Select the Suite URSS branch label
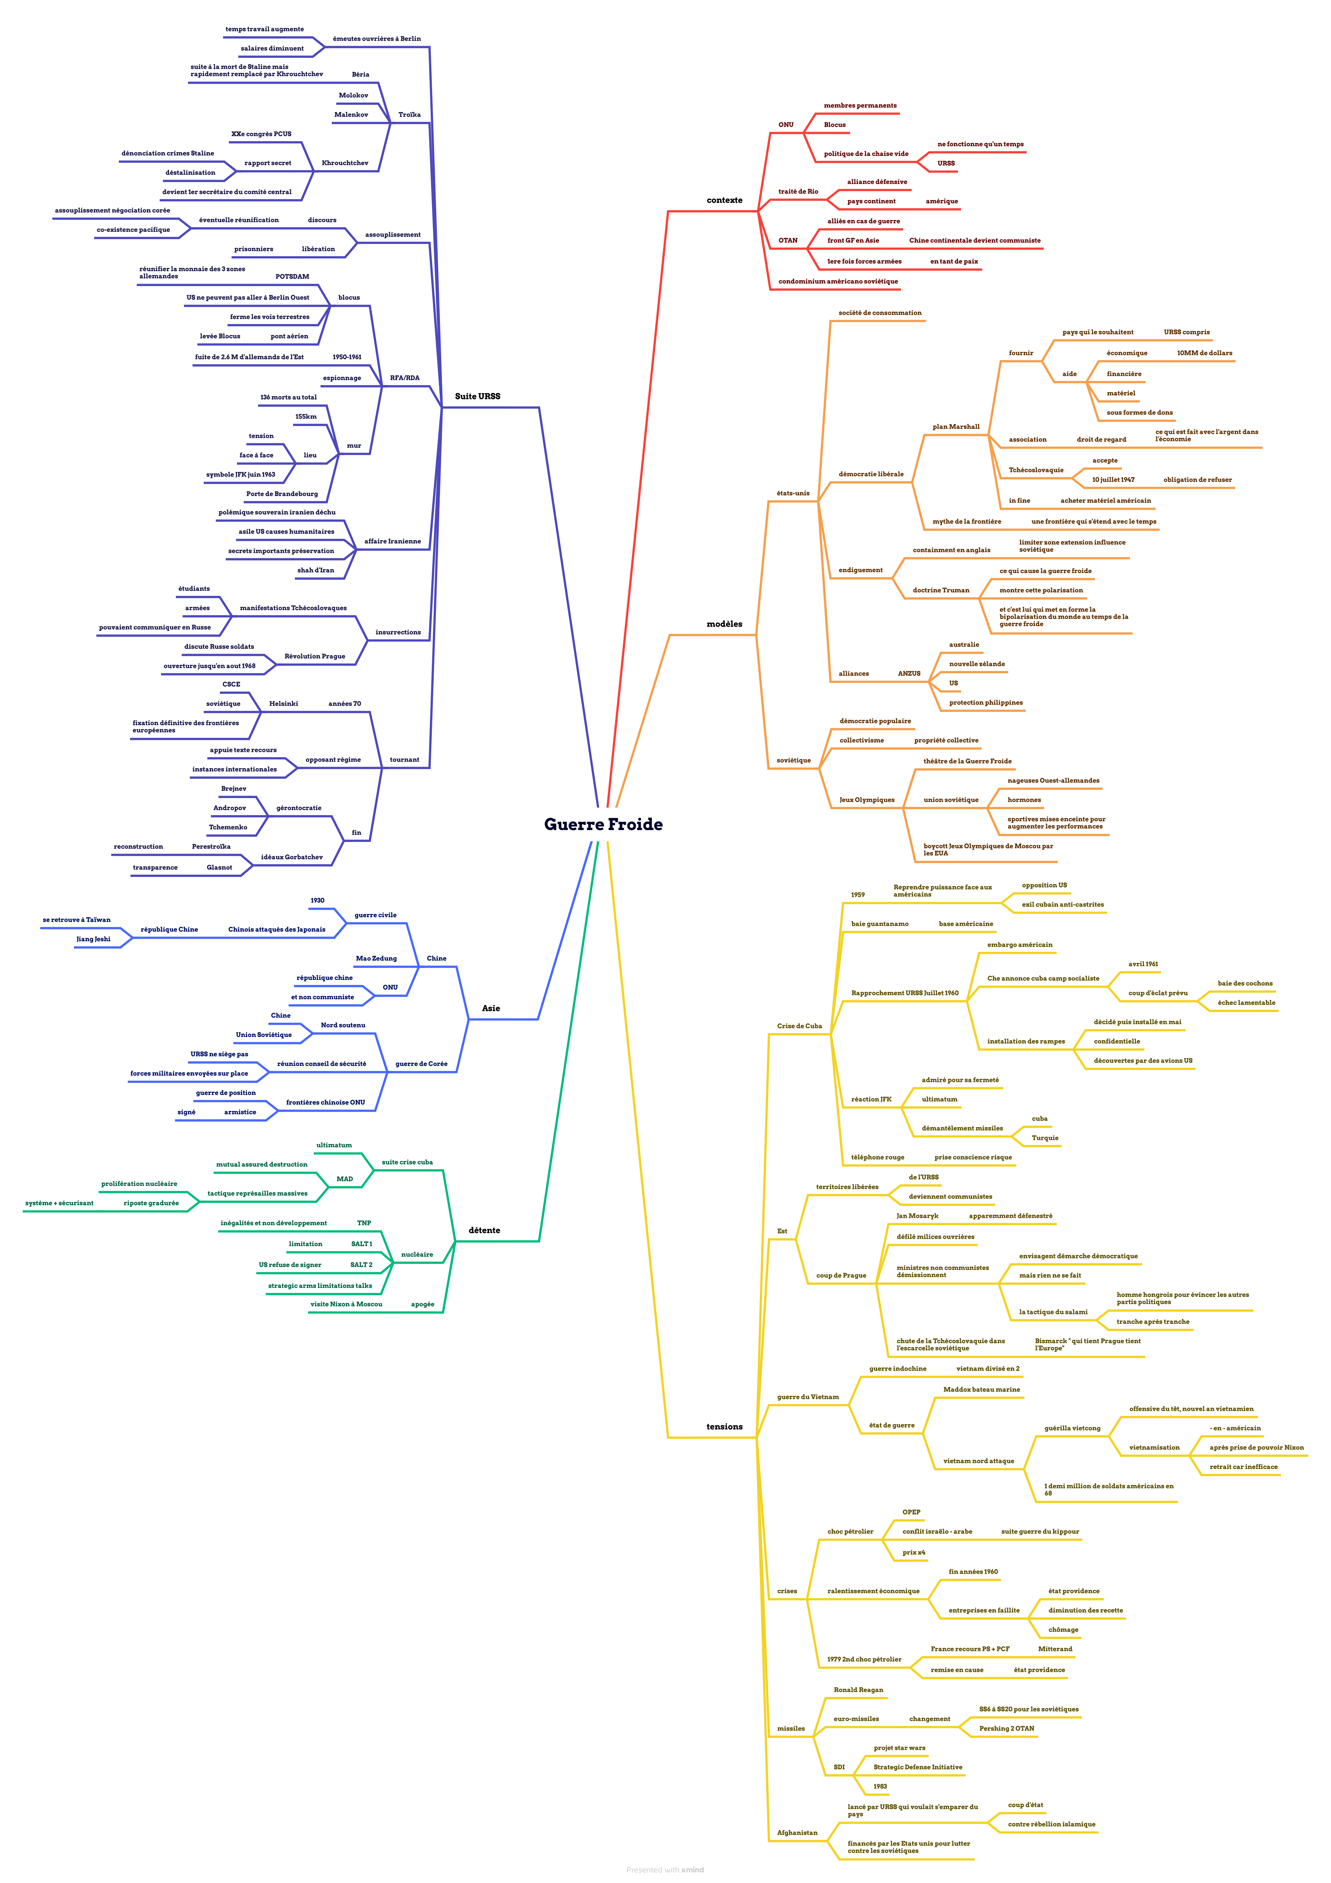[477, 396]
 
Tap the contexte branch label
[724, 200]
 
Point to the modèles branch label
[724, 624]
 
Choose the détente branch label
[484, 1230]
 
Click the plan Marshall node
[955, 426]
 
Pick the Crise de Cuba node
[799, 1026]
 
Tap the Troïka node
[409, 115]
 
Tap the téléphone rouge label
[878, 1157]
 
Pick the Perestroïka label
[211, 846]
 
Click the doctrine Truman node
[941, 591]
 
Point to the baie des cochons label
[1245, 983]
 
